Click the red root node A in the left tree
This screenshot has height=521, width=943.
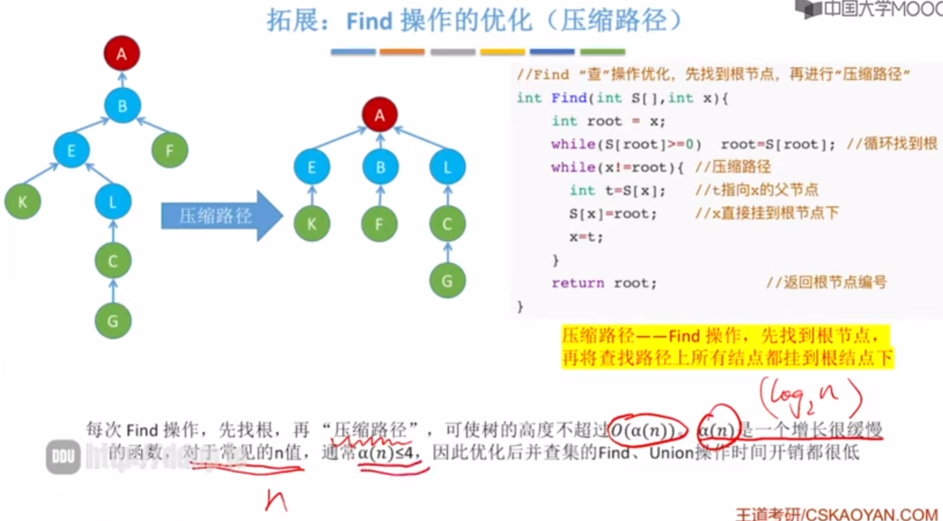tap(122, 53)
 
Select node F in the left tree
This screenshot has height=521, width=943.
tap(169, 150)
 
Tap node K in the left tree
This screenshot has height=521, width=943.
tap(22, 201)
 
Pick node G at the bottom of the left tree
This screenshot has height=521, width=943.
tap(113, 321)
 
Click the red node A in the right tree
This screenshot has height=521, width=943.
tap(379, 115)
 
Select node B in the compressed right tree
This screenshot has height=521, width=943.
tap(380, 167)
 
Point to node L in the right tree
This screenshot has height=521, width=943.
tap(447, 167)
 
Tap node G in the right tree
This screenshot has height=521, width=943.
tap(447, 281)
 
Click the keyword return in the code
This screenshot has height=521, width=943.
tap(577, 283)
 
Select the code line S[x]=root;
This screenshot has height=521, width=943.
tap(612, 213)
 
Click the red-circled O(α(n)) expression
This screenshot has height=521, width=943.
tap(646, 430)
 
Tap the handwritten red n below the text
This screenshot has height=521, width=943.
tap(276, 500)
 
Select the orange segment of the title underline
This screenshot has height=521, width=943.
tap(402, 52)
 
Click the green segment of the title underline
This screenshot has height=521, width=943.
tap(602, 52)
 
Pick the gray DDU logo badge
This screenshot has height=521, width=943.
tap(63, 457)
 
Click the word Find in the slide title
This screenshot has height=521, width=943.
tap(369, 21)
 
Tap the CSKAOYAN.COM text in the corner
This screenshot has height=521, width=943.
tap(871, 514)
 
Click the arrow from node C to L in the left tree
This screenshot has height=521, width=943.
tap(113, 231)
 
